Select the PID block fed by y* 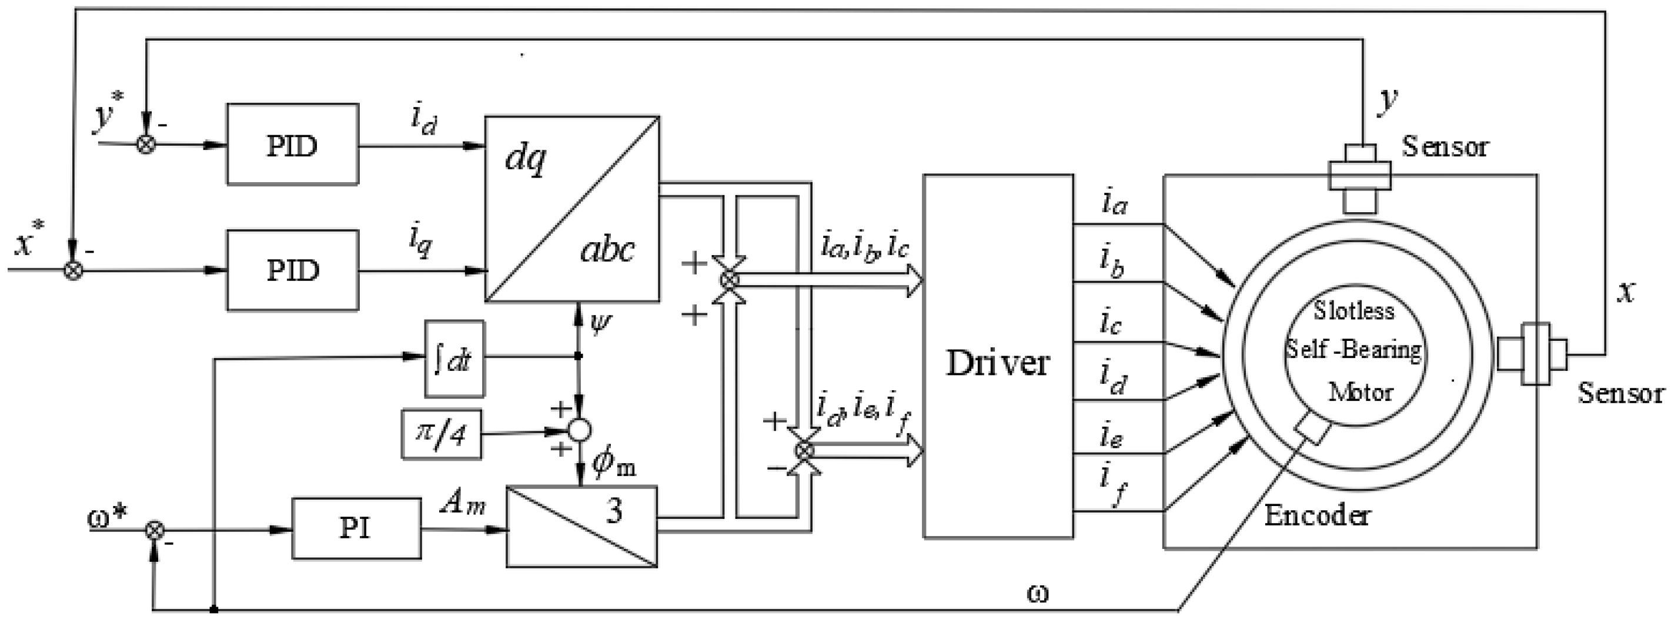292,144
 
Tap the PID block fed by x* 292,270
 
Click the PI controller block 356,528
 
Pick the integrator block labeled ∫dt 454,359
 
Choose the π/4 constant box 442,434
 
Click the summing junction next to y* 146,145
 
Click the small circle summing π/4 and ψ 579,430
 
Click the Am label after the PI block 462,503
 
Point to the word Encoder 1316,515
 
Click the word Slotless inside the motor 1353,310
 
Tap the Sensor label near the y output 1445,146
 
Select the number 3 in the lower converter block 614,512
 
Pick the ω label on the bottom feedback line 1037,594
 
